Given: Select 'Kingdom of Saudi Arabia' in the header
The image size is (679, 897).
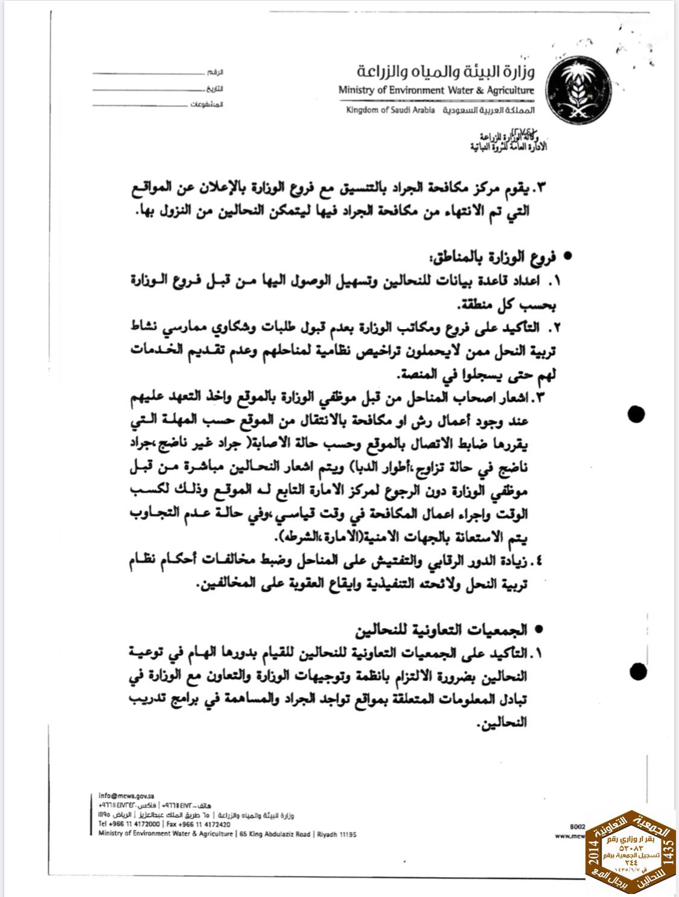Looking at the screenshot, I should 390,111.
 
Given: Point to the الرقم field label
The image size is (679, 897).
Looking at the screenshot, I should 216,73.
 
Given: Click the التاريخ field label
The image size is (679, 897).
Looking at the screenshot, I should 215,89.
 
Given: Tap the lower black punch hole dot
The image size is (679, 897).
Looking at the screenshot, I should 639,670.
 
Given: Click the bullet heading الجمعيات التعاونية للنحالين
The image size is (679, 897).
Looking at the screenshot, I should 459,630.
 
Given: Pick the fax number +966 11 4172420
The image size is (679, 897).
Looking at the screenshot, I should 200,824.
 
